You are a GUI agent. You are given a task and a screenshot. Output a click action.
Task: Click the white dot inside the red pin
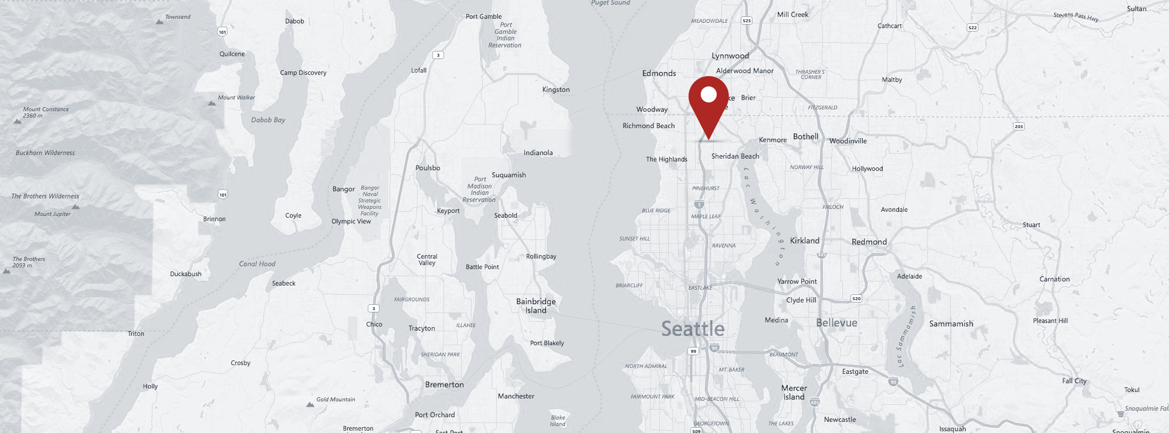[708, 94]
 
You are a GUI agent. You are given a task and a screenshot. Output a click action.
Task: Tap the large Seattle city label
[693, 329]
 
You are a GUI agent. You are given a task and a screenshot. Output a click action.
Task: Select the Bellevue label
[836, 323]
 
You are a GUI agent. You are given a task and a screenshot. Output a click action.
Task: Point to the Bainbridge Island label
[535, 306]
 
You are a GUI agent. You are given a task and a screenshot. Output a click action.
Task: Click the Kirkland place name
[804, 240]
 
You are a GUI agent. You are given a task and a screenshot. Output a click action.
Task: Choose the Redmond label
[869, 242]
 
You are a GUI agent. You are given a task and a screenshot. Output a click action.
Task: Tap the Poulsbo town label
[427, 168]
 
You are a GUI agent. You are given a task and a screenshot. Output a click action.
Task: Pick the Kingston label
[555, 90]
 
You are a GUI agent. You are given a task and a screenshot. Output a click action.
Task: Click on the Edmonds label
[659, 73]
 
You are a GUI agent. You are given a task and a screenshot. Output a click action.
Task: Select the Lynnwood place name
[730, 56]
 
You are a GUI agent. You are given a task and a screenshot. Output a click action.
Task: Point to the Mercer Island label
[794, 392]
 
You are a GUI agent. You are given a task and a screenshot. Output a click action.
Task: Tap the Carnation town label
[1054, 279]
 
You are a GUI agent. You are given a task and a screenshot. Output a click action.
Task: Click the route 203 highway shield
[1019, 126]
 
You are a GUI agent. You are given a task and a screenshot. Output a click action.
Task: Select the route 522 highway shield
[972, 28]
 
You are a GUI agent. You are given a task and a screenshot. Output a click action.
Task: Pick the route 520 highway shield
[856, 298]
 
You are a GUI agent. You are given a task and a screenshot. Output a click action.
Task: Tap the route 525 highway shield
[746, 20]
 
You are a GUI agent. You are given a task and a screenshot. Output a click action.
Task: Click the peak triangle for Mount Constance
[18, 121]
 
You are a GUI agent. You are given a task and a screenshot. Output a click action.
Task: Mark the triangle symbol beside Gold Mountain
[310, 404]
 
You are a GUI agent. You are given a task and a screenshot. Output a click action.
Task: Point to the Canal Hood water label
[257, 264]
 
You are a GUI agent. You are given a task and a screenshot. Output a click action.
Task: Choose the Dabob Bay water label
[268, 120]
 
